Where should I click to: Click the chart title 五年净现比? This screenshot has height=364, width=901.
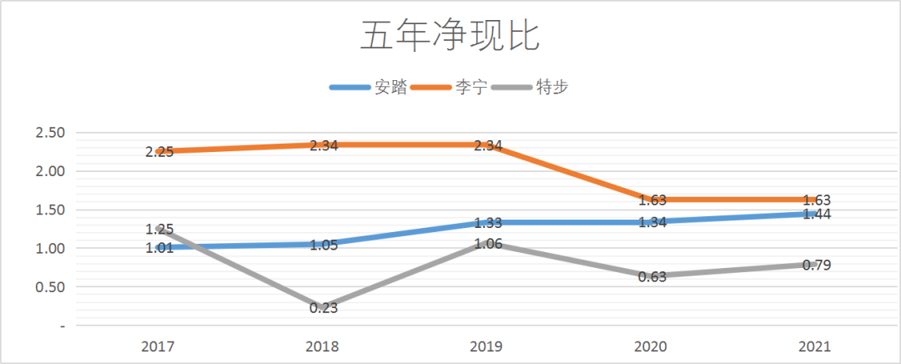point(450,38)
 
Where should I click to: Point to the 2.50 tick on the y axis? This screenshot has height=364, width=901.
point(49,133)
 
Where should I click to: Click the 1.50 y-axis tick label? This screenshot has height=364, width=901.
point(49,210)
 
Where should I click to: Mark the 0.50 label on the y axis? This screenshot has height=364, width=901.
point(49,287)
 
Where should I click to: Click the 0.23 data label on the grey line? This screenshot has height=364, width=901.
point(324,308)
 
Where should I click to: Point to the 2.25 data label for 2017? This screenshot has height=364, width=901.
point(159,152)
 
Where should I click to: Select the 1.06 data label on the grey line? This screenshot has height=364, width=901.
point(488,244)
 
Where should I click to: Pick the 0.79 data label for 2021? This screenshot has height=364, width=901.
point(817,265)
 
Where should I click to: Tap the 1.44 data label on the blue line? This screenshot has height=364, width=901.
point(817,215)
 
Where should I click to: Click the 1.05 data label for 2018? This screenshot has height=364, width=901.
point(324,245)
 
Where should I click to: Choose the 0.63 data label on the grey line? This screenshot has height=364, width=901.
point(652,277)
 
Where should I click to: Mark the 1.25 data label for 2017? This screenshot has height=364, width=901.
point(159,229)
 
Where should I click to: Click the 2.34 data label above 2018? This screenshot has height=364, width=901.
point(324,145)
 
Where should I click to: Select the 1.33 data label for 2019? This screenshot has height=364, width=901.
point(488,223)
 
